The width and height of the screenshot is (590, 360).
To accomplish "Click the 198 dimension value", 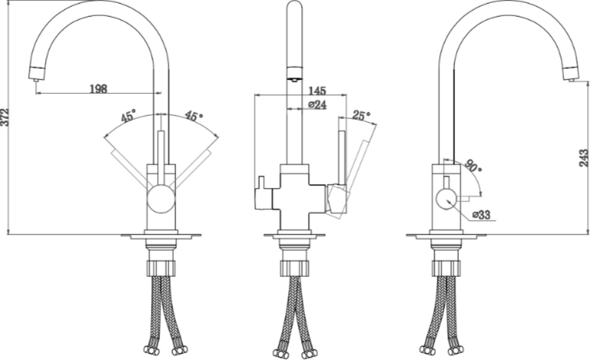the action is pos(98,89).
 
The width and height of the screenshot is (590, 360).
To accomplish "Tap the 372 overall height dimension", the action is pos(5,117).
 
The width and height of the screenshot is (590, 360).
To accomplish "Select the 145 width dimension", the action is pos(317,91).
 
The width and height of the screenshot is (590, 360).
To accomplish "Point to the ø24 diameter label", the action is pos(317,104).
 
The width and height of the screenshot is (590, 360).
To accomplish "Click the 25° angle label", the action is pos(361,115).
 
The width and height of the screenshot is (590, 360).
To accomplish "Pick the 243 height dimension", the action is pos(584,158).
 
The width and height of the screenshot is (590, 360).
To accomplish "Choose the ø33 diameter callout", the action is pos(481,215).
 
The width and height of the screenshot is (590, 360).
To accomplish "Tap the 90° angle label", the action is pos(473,166).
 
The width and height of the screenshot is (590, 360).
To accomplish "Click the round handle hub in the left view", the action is pos(161,198).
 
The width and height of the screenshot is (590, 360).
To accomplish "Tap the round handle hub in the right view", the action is pos(446,200).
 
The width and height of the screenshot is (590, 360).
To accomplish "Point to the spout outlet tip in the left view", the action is pos(36,80).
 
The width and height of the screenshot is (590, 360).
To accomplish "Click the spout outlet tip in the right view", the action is pos(571,80).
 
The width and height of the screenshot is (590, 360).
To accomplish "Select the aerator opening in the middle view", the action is pos(294,79).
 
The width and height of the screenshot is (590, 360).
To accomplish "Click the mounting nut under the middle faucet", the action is pos(295,268).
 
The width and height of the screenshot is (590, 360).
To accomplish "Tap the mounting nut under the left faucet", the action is pos(161,268).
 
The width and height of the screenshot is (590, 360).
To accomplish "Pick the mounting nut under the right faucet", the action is pos(446,268).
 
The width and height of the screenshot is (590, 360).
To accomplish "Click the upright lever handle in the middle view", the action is pos(342,157).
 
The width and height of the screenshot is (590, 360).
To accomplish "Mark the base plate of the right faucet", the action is pos(446,236).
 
